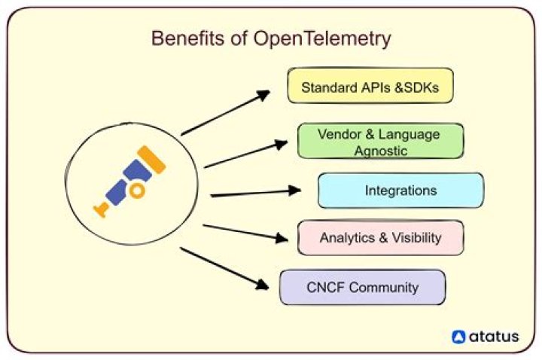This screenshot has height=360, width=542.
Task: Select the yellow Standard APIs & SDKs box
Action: click(370, 86)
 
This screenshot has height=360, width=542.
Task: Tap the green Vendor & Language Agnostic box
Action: click(380, 142)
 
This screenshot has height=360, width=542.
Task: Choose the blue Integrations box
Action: click(400, 190)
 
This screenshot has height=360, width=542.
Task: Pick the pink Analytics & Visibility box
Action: click(380, 238)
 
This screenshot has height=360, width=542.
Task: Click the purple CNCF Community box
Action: click(362, 287)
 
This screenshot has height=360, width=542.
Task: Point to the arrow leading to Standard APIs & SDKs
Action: click(226, 113)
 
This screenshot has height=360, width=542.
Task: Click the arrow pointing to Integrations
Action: click(256, 193)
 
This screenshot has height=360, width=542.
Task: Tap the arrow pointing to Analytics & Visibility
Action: click(245, 233)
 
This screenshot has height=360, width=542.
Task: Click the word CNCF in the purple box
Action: click(326, 287)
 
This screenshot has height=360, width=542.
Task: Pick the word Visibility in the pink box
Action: click(414, 238)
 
